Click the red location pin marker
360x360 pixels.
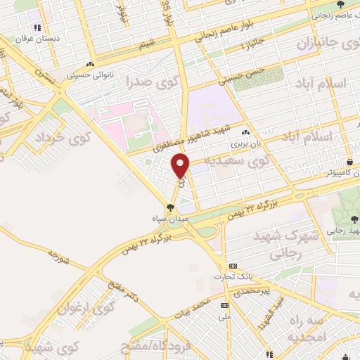click(x=181, y=166)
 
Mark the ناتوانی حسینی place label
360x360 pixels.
click(x=90, y=72)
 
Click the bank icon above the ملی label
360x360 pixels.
click(x=224, y=305)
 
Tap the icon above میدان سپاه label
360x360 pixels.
click(x=169, y=207)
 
